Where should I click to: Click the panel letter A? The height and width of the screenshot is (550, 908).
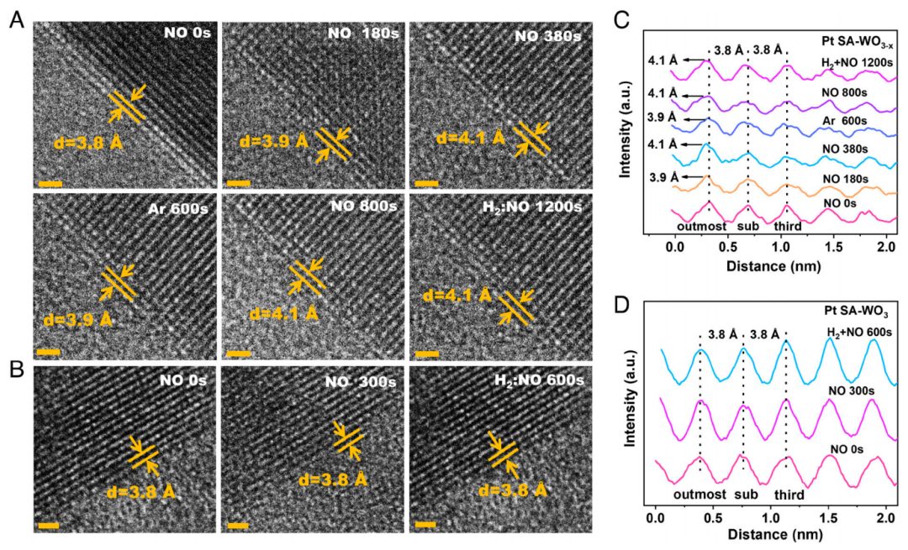(15, 21)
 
